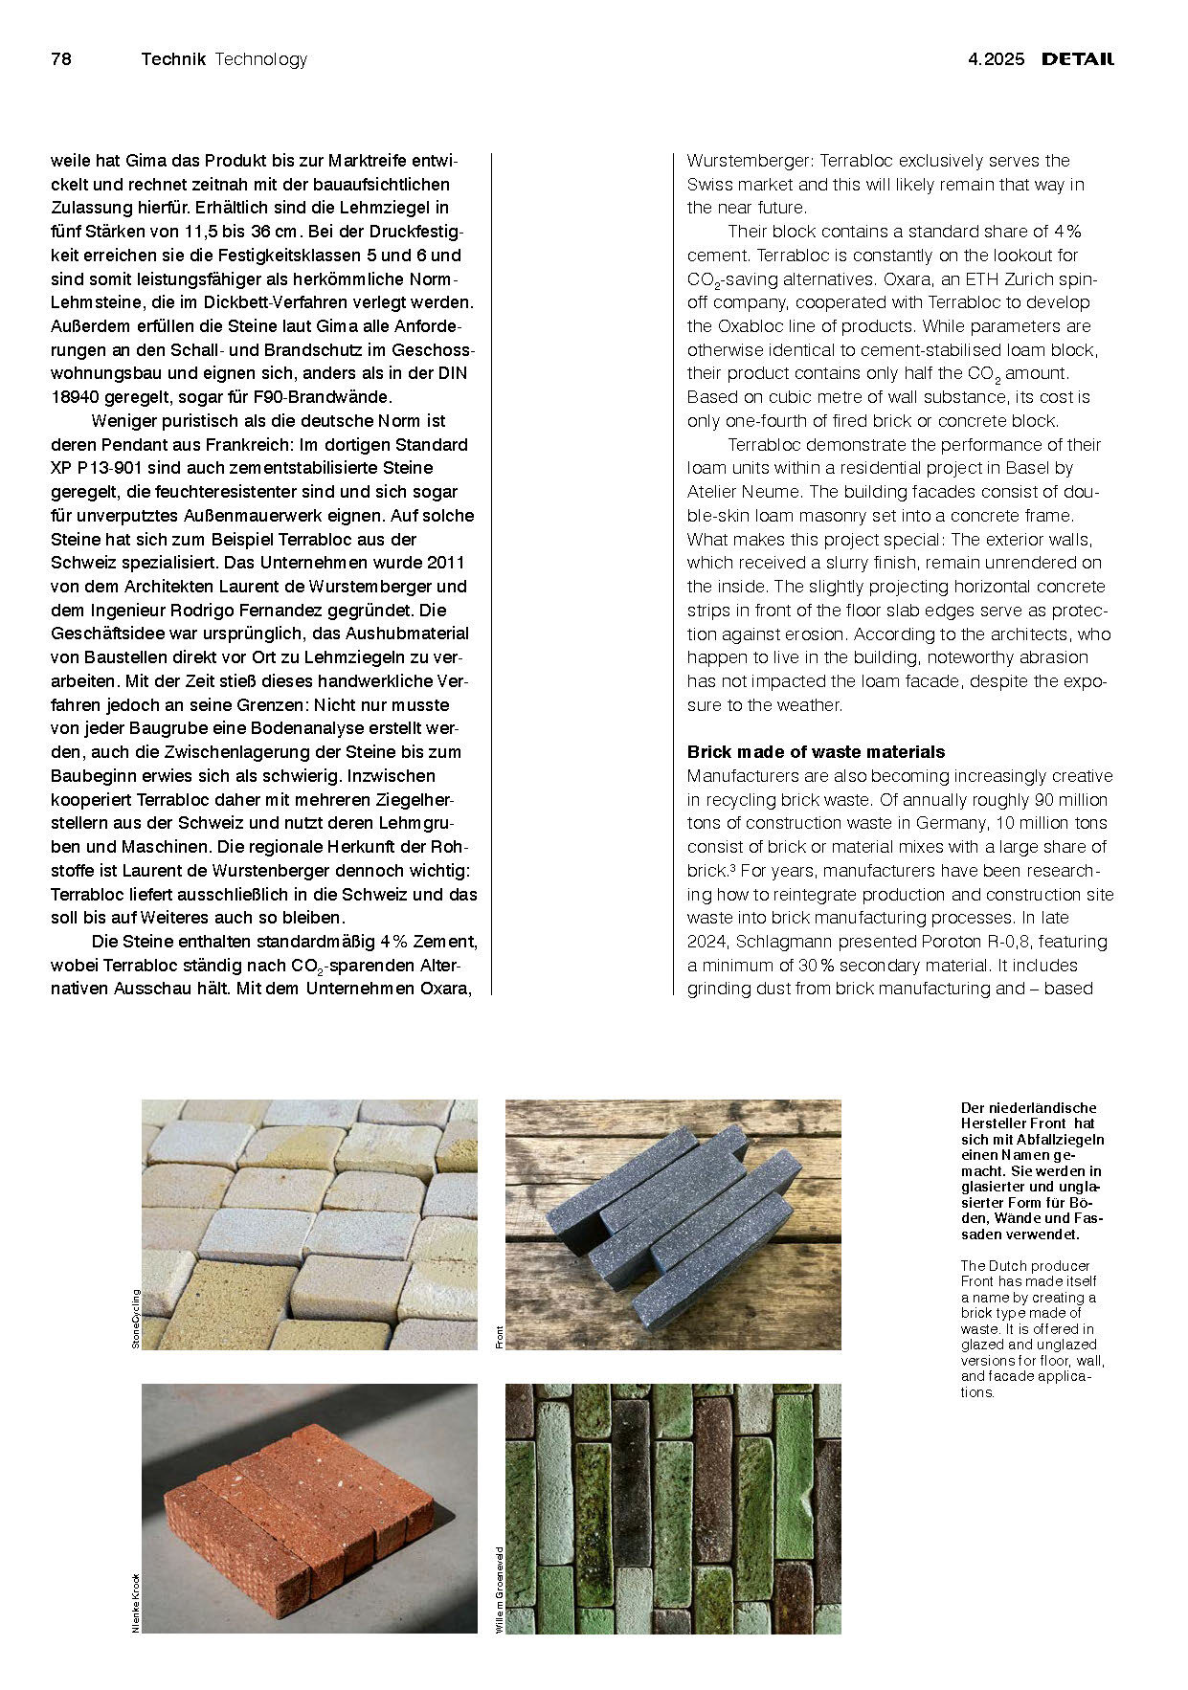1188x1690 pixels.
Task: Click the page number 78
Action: [60, 59]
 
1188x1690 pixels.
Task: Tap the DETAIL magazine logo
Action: [1078, 59]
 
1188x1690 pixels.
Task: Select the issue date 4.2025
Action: [996, 59]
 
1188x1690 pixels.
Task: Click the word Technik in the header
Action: [173, 59]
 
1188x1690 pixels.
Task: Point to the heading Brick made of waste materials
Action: [816, 752]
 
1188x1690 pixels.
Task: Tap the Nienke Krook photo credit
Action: [135, 1602]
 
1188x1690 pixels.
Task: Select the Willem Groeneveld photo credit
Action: [499, 1590]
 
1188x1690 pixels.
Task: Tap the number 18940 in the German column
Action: [75, 397]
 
